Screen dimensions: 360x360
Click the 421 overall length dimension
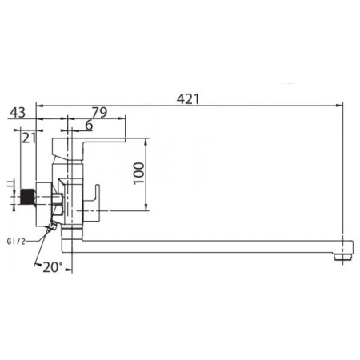(x=188, y=99)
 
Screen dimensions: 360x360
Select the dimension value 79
(x=100, y=112)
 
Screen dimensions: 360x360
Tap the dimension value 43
(x=18, y=113)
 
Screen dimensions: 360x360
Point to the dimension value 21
(x=29, y=138)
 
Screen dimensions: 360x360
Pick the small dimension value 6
(x=89, y=125)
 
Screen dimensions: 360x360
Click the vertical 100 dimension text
(x=138, y=173)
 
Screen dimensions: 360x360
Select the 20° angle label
(x=53, y=267)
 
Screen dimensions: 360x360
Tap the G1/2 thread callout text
(x=16, y=242)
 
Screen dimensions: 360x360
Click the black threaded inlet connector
(x=27, y=197)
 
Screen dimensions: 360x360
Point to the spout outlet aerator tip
(x=344, y=257)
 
